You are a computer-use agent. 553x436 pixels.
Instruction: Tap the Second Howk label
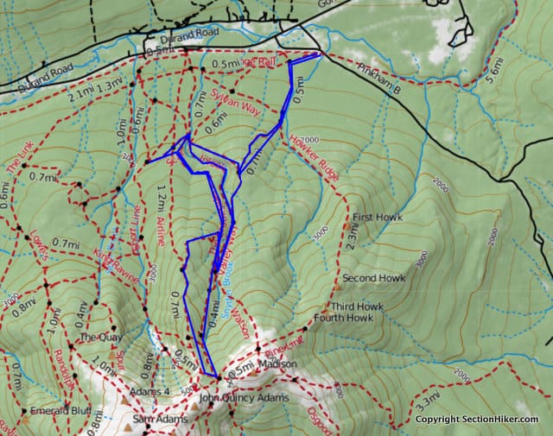(374, 278)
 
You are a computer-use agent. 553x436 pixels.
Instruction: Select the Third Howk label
(355, 306)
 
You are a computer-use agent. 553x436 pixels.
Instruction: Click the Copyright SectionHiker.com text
(476, 420)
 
